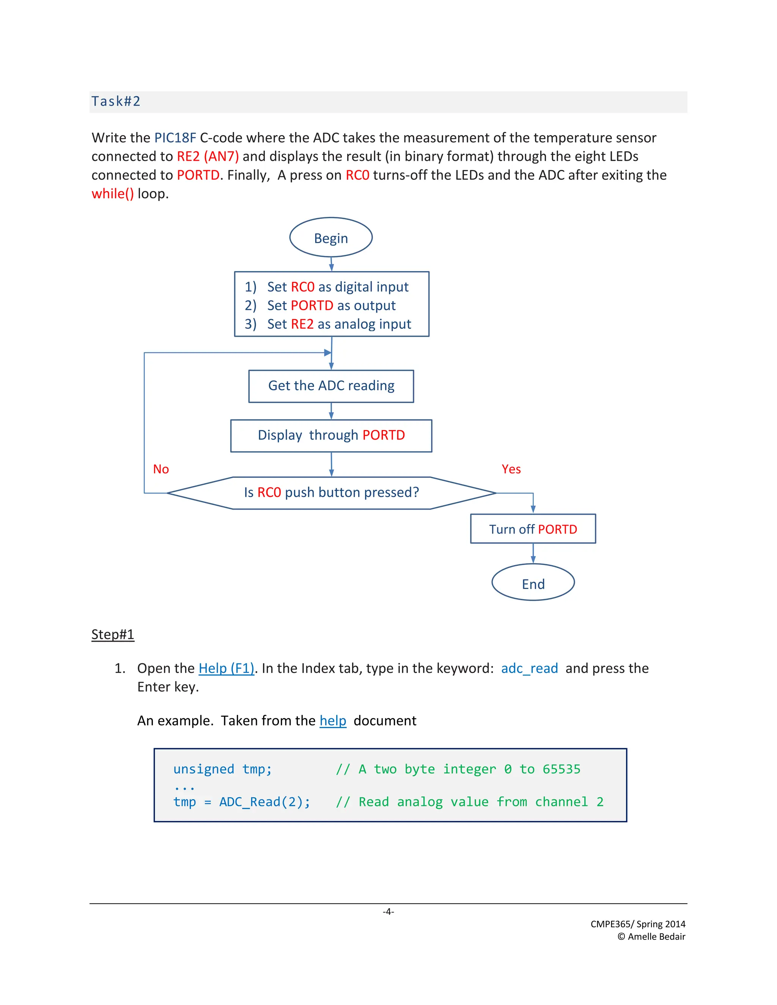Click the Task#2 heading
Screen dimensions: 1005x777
(116, 101)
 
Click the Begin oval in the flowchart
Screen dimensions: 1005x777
(330, 238)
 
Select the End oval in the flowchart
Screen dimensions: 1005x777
(533, 584)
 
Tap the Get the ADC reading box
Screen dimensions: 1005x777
(331, 386)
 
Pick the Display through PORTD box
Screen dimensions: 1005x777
(331, 435)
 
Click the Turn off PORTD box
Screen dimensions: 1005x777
(533, 529)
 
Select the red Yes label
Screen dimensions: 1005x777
(511, 469)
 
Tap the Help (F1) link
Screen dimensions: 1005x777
(226, 668)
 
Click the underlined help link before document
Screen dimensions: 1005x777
(333, 721)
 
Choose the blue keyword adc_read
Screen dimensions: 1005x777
(529, 668)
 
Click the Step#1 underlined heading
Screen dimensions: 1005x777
(113, 634)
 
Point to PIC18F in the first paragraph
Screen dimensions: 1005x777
(175, 138)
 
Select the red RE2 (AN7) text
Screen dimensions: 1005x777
(208, 157)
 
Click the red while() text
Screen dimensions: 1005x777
(113, 194)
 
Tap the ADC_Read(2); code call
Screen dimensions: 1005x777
(265, 802)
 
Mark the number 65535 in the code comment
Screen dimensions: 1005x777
(561, 769)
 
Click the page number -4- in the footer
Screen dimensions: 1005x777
(388, 912)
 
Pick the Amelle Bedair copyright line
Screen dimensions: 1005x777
(651, 936)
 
